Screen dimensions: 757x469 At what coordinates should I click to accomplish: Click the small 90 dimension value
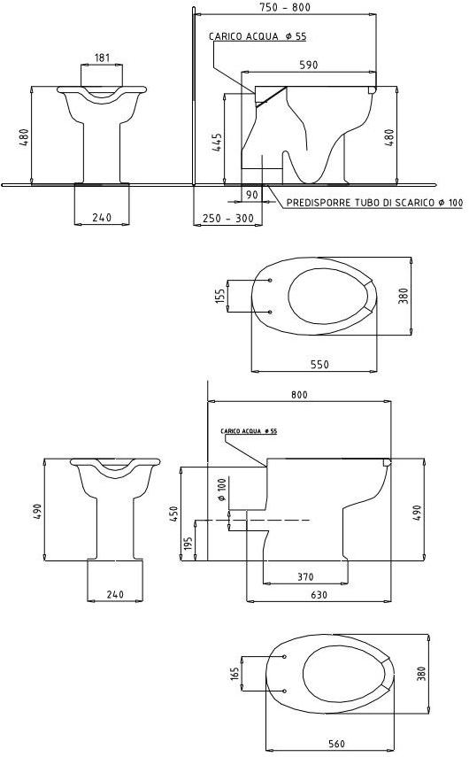[x=252, y=194]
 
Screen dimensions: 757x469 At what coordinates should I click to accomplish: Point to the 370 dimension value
[x=305, y=576]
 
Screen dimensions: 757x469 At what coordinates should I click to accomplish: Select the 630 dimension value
[x=319, y=595]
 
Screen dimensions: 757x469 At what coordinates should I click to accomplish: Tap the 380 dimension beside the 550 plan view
[x=404, y=296]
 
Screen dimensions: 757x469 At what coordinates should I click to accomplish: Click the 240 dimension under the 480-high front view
[x=102, y=218]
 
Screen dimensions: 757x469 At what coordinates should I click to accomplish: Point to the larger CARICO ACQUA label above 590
[x=258, y=37]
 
